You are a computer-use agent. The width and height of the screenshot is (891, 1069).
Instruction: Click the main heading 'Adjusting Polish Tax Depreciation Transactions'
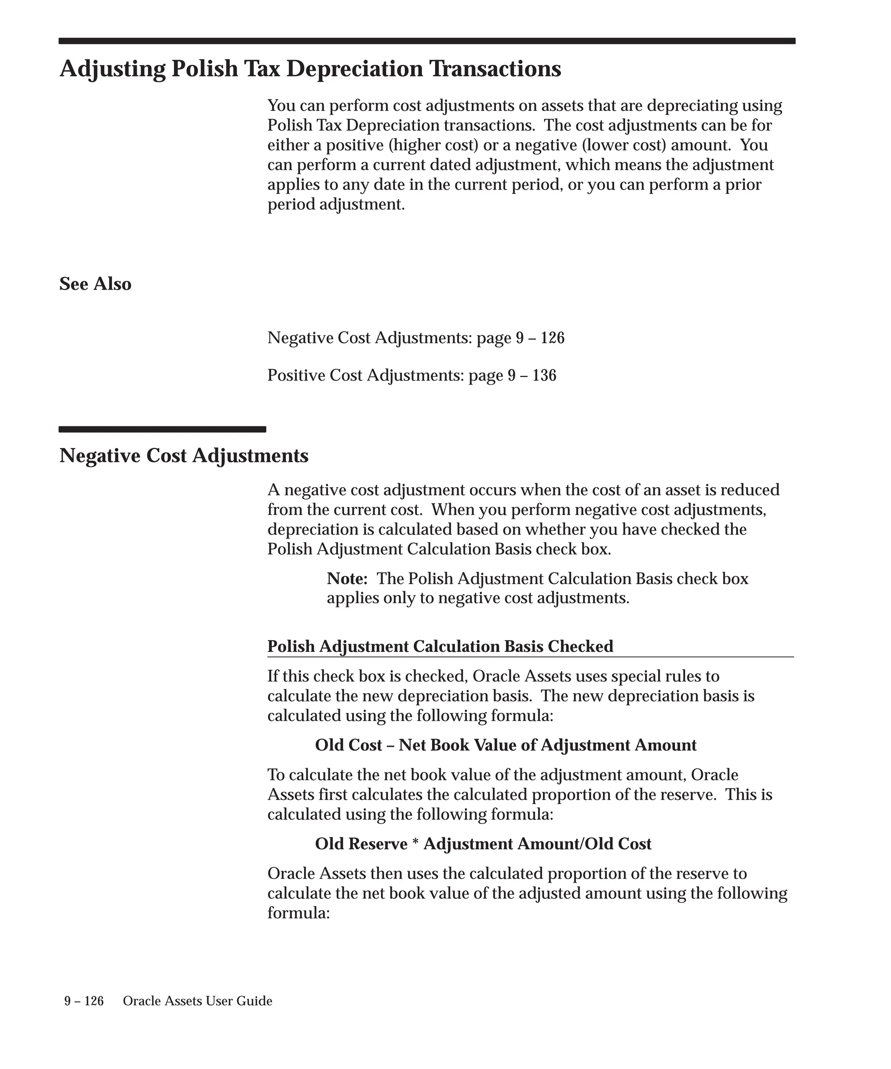[310, 69]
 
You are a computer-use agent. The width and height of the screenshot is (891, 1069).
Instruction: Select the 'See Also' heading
[95, 284]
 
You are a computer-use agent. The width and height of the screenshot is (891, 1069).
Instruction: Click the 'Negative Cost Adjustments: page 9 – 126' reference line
[415, 338]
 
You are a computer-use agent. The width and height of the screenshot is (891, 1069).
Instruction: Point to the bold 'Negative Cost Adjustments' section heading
[184, 456]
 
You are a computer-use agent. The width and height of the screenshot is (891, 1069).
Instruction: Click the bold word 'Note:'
[347, 579]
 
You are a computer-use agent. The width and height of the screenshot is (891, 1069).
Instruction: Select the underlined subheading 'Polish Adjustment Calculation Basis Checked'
[440, 647]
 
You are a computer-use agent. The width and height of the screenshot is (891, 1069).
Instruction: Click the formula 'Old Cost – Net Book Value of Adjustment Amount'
[505, 745]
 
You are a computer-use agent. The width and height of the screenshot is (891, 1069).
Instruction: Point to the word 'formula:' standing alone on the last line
[299, 913]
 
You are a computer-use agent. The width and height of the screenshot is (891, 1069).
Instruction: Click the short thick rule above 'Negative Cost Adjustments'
[162, 429]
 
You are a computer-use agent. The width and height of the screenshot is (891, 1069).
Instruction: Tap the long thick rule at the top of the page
[427, 41]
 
